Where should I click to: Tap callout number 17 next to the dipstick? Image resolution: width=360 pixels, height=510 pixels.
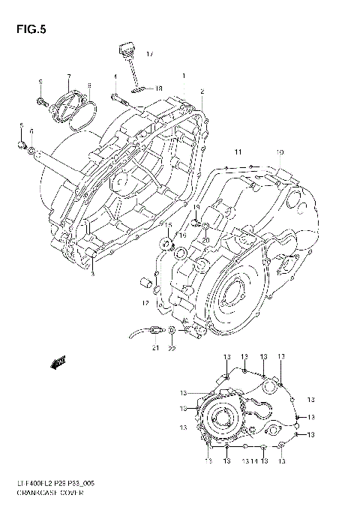[149, 55]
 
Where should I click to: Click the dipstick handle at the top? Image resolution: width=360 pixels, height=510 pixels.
[124, 52]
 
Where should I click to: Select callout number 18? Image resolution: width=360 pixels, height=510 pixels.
[159, 88]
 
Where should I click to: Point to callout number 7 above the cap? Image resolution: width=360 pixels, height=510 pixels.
[68, 76]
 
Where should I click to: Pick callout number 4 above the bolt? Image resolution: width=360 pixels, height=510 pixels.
[115, 76]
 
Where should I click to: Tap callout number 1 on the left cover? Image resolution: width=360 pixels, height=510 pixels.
[183, 76]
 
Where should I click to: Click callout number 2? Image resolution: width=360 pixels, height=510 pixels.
[202, 91]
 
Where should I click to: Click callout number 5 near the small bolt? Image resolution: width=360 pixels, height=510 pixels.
[21, 124]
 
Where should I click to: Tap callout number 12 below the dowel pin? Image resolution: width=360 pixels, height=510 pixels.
[146, 304]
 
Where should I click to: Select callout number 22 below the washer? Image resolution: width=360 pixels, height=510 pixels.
[172, 348]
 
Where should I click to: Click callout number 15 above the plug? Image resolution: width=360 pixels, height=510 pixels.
[168, 225]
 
